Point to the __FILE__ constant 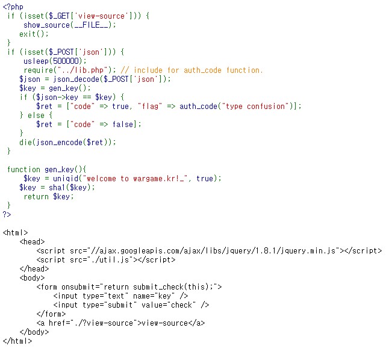(x=95, y=25)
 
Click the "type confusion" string (x=261, y=106)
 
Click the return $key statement (x=48, y=196)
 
